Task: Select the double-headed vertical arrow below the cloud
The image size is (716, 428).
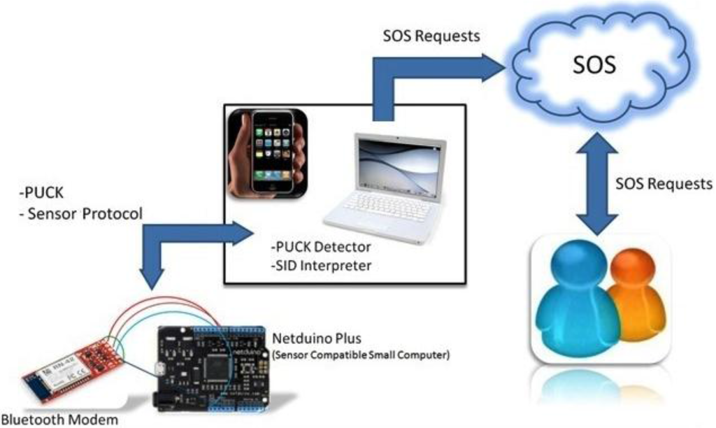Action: click(594, 183)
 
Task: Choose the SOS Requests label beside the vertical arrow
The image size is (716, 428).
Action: click(664, 184)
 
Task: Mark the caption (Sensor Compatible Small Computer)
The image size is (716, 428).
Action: click(360, 355)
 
